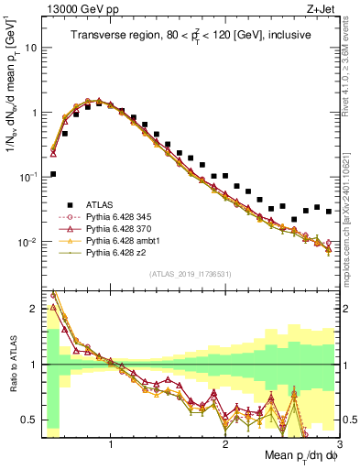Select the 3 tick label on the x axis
coord(339,443)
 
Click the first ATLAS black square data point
coord(53,173)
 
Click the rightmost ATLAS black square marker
coord(329,211)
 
